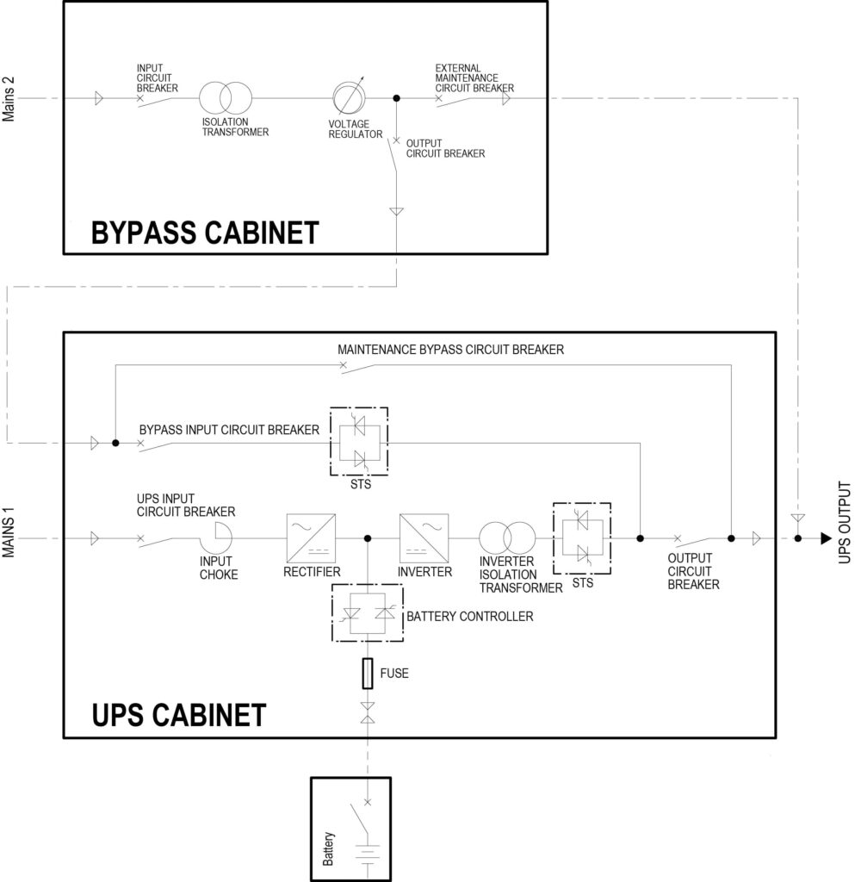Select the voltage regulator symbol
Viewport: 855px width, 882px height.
[350, 98]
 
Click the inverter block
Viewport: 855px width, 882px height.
[420, 538]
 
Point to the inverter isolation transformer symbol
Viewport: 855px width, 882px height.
[507, 538]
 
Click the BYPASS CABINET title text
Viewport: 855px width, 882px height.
[205, 233]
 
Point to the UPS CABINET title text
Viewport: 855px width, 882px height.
[178, 715]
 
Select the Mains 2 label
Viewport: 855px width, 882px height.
[11, 100]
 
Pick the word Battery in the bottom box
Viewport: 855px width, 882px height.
[327, 848]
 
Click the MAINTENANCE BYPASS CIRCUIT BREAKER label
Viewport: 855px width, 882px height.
[451, 351]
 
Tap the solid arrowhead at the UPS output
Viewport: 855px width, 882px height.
[826, 539]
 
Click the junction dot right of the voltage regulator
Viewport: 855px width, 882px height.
[396, 98]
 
